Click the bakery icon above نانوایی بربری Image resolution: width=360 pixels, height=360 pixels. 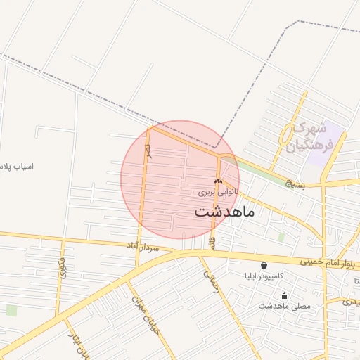[218, 181]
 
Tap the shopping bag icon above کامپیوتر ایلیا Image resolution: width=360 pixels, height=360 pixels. [264, 266]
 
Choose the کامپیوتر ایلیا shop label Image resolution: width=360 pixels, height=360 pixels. [263, 276]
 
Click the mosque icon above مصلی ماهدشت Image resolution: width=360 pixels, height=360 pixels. [284, 295]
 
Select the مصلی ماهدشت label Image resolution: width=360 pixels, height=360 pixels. [284, 306]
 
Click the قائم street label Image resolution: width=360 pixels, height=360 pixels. [212, 242]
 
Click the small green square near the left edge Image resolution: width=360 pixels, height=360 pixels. [11, 310]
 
